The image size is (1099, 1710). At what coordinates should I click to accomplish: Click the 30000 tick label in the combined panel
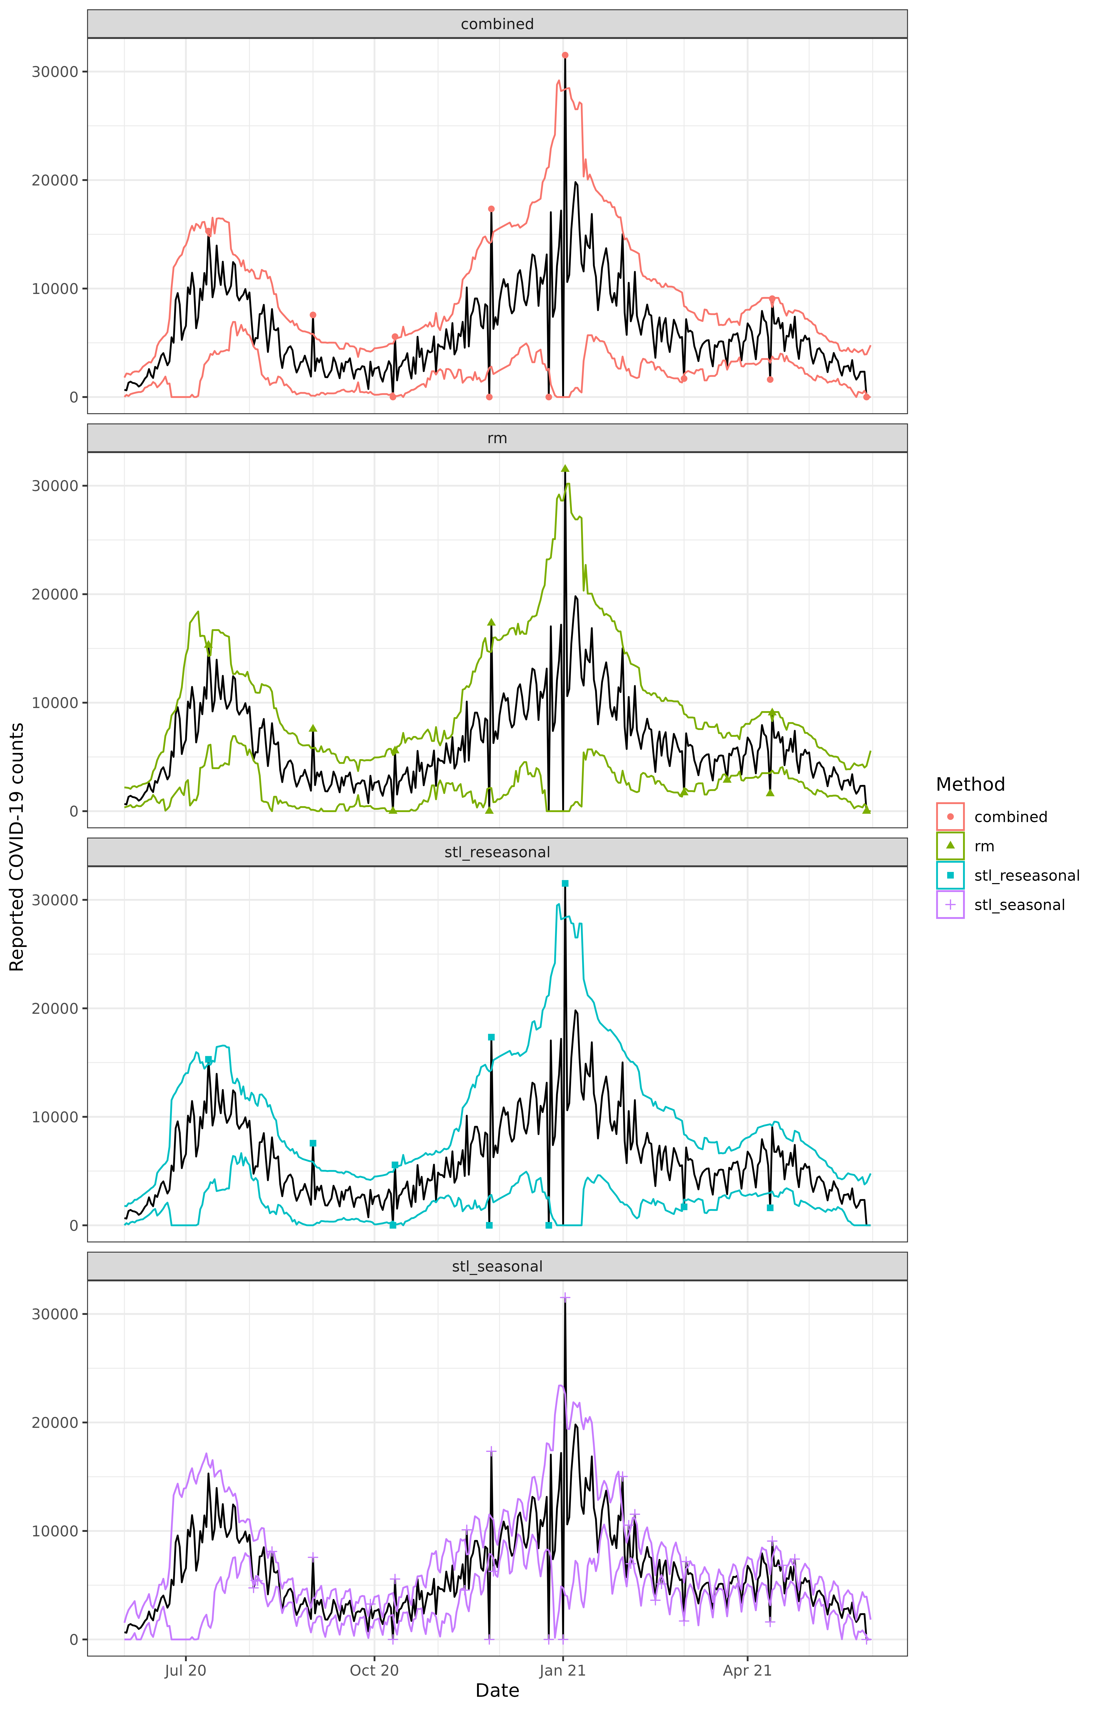[55, 72]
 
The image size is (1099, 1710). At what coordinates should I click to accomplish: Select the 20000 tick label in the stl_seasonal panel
[55, 1422]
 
